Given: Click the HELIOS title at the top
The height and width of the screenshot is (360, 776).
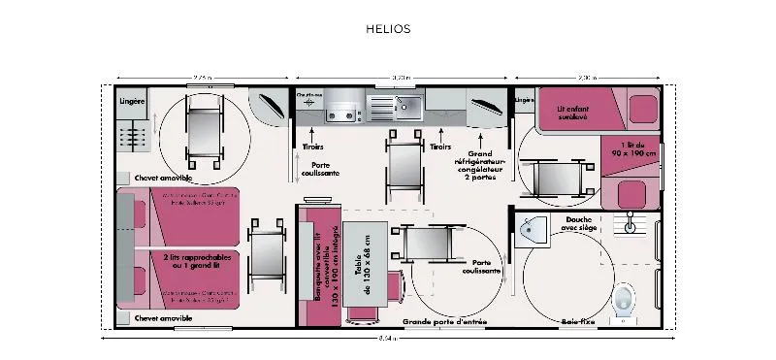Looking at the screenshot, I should pos(388,29).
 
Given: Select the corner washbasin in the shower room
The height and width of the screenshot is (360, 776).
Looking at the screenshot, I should pos(529,231).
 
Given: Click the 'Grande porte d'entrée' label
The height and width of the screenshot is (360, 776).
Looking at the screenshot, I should pos(445,320).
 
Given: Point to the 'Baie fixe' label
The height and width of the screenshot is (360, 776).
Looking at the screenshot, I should pos(576,320).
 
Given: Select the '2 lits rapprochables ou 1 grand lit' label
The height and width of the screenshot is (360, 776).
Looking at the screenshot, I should pos(195,260).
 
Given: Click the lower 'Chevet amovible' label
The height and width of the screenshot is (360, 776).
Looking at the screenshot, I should pos(163,318).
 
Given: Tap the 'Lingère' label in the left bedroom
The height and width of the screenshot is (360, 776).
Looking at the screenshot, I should pos(133,101).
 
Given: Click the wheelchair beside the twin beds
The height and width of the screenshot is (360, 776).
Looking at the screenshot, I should pos(266,250).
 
